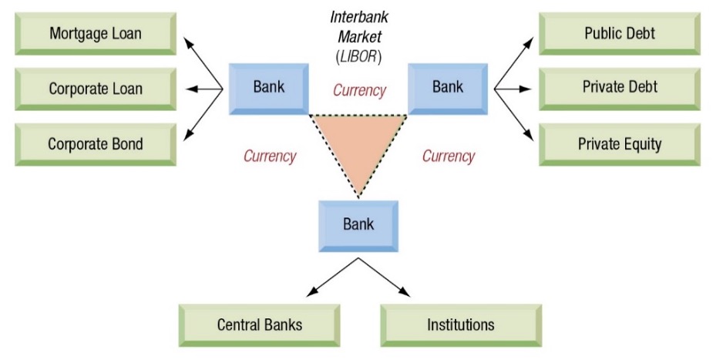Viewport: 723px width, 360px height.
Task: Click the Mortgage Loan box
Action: point(95,34)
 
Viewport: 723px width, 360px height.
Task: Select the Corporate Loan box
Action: point(95,89)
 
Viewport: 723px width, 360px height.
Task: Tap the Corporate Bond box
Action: point(95,144)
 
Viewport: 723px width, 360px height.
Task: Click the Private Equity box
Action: point(620,143)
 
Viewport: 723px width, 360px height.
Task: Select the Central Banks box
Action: point(259,325)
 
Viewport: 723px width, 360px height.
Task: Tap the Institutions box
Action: point(460,325)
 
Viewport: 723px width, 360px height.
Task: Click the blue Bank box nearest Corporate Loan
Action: point(268,86)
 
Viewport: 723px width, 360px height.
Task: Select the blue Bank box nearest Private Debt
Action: point(447,86)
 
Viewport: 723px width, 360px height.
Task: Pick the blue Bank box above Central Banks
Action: point(358,224)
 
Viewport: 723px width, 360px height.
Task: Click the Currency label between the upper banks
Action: point(359,90)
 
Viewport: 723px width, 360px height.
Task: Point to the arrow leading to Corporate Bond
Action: point(203,116)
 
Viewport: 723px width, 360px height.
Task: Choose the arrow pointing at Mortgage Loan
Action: point(202,61)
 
